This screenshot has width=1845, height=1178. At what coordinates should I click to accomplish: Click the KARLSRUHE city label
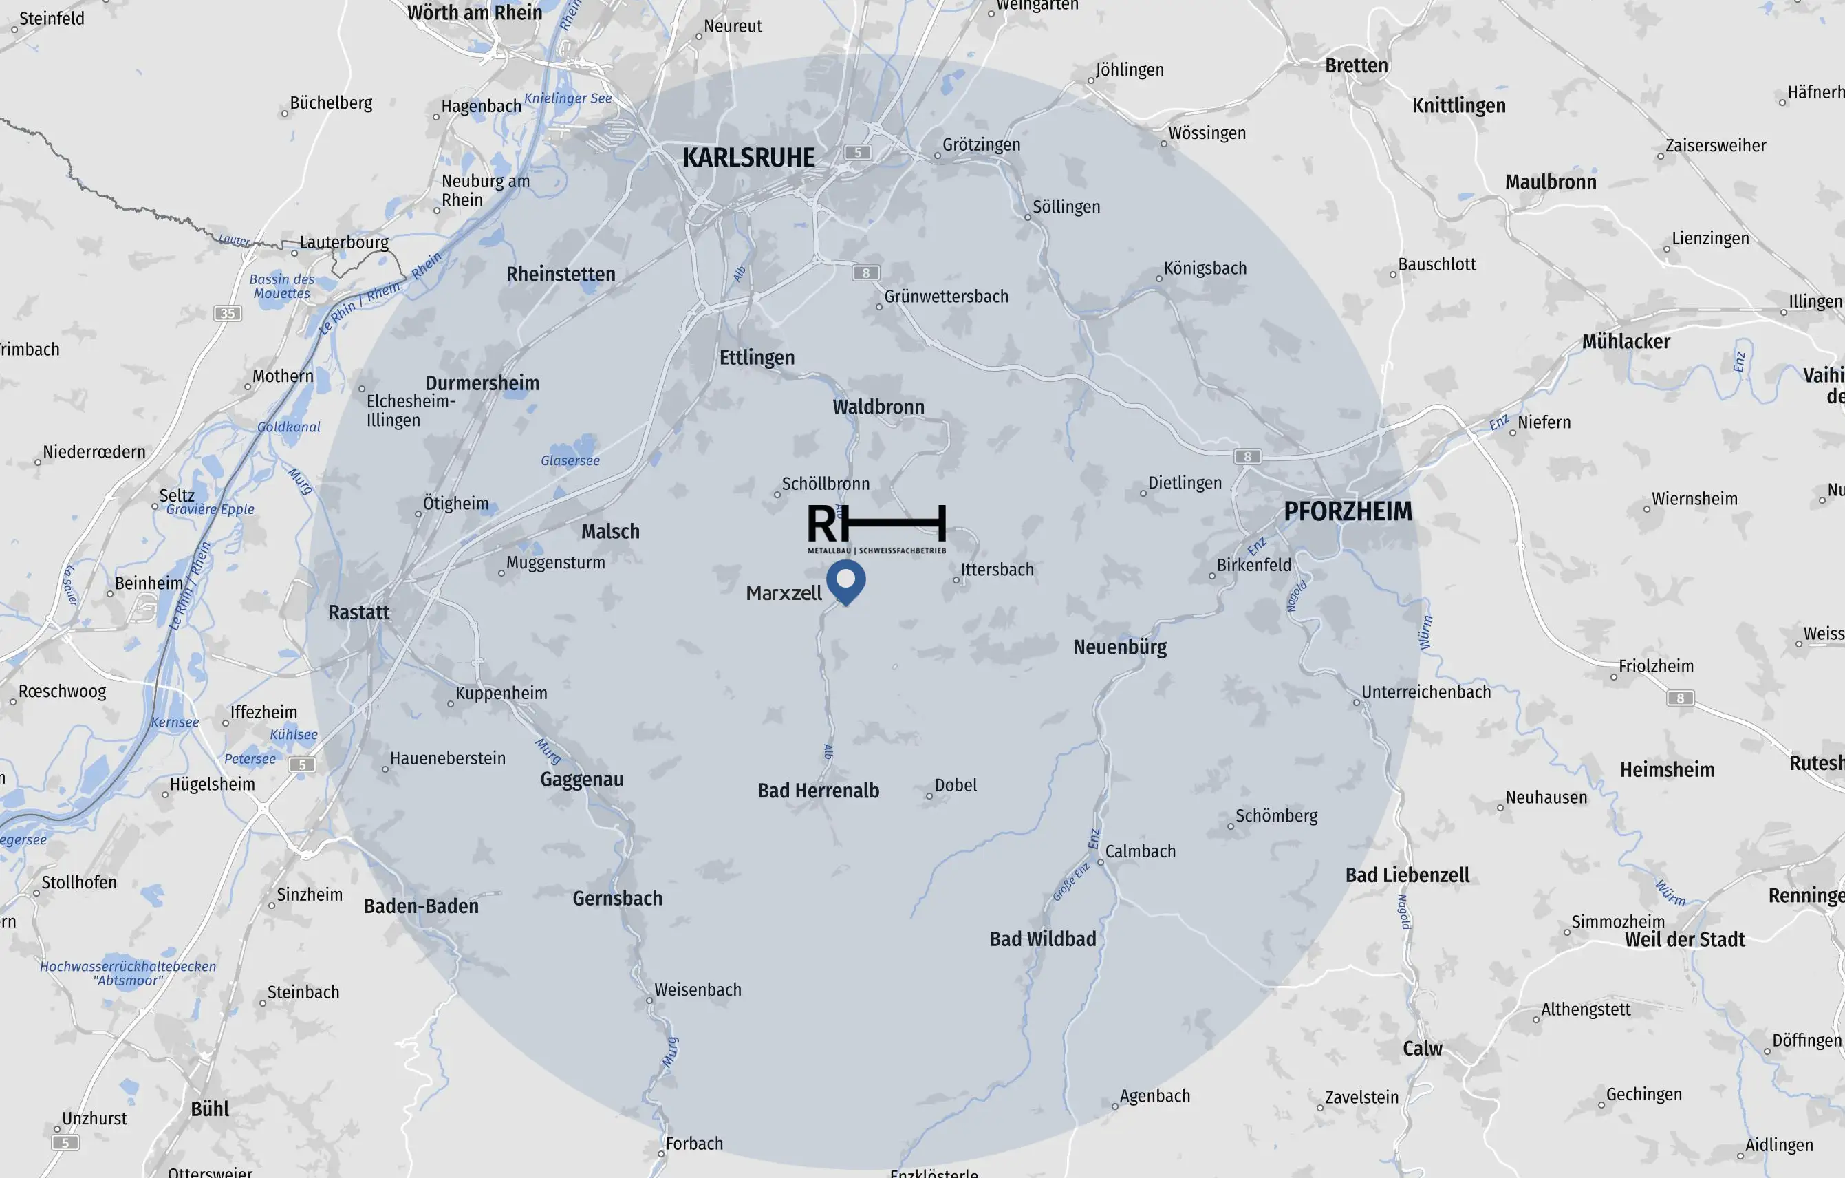748,158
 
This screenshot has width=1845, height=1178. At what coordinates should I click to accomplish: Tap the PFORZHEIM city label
1348,511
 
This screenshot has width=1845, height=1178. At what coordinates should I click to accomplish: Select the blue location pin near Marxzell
846,580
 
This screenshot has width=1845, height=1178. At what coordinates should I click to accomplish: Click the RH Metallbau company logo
876,528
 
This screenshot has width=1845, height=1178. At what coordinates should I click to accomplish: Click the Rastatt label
358,612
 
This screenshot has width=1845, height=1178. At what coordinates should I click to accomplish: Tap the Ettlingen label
757,358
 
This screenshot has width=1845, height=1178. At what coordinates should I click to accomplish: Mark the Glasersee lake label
570,460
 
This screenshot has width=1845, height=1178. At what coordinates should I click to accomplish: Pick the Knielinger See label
568,98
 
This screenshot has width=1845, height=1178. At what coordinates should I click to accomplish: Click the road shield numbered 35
228,314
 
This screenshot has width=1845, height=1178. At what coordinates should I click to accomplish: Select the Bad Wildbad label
1042,939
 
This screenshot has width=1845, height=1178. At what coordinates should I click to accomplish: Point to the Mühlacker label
1626,342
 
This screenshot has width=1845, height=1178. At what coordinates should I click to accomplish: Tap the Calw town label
1422,1049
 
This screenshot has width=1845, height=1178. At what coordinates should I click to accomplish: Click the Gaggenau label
581,780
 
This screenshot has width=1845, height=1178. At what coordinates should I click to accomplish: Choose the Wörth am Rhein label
474,13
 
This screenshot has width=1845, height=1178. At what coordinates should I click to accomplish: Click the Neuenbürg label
1119,647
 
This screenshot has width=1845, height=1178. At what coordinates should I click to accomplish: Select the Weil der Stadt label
1684,940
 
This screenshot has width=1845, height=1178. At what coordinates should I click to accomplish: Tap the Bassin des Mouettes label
282,286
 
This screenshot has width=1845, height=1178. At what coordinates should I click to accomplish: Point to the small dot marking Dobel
929,796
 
